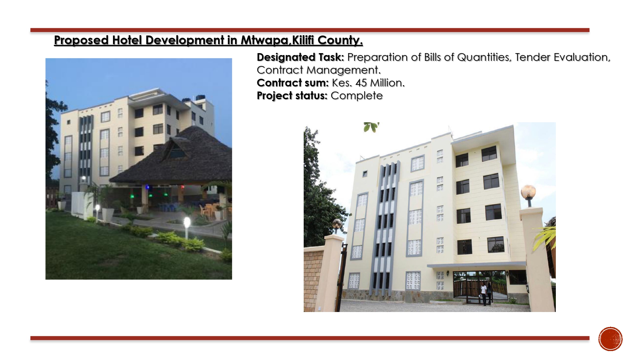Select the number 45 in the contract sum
[x=361, y=83]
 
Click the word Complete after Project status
[x=356, y=96]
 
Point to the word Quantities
[x=484, y=57]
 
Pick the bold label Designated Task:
[x=300, y=57]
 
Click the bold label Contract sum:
[x=292, y=83]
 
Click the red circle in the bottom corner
[x=610, y=339]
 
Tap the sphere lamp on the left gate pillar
[x=337, y=223]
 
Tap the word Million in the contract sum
[x=387, y=83]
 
